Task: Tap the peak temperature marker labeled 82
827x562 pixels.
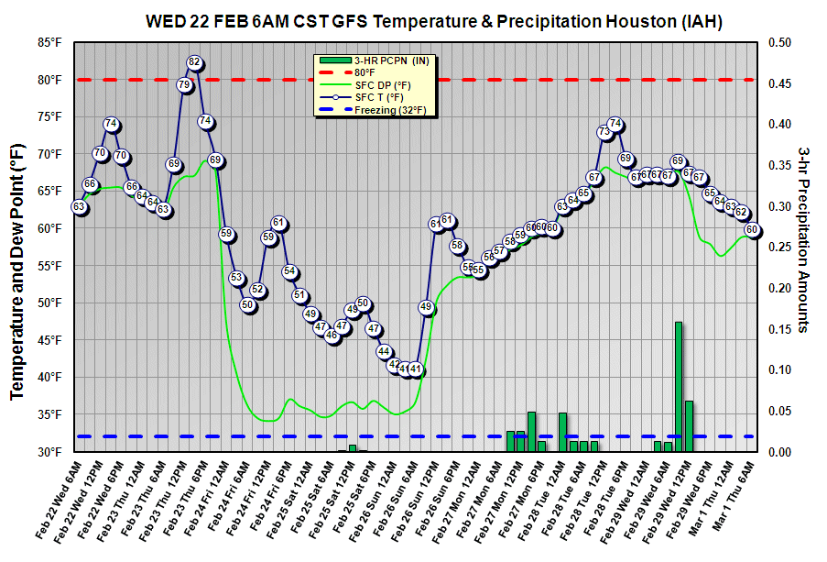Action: click(x=194, y=62)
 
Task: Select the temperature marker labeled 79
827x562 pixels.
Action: click(x=184, y=85)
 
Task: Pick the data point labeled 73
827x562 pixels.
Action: click(x=604, y=132)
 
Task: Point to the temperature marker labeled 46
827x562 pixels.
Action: click(x=332, y=336)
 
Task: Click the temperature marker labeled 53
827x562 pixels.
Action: click(x=236, y=278)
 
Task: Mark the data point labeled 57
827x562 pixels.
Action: click(x=499, y=250)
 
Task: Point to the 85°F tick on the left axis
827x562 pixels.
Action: click(x=49, y=42)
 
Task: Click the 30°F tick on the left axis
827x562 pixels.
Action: click(x=49, y=452)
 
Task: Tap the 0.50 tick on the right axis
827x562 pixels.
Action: click(x=779, y=42)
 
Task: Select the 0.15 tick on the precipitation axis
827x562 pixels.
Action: click(x=779, y=329)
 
